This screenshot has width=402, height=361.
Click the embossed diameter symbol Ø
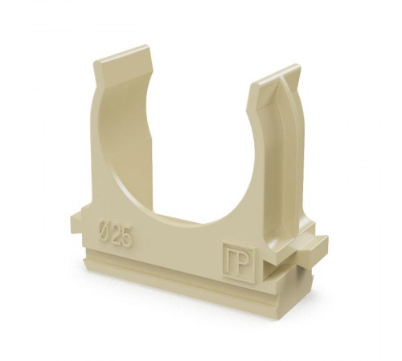tap(104, 229)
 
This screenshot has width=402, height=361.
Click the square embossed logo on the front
tap(240, 263)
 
